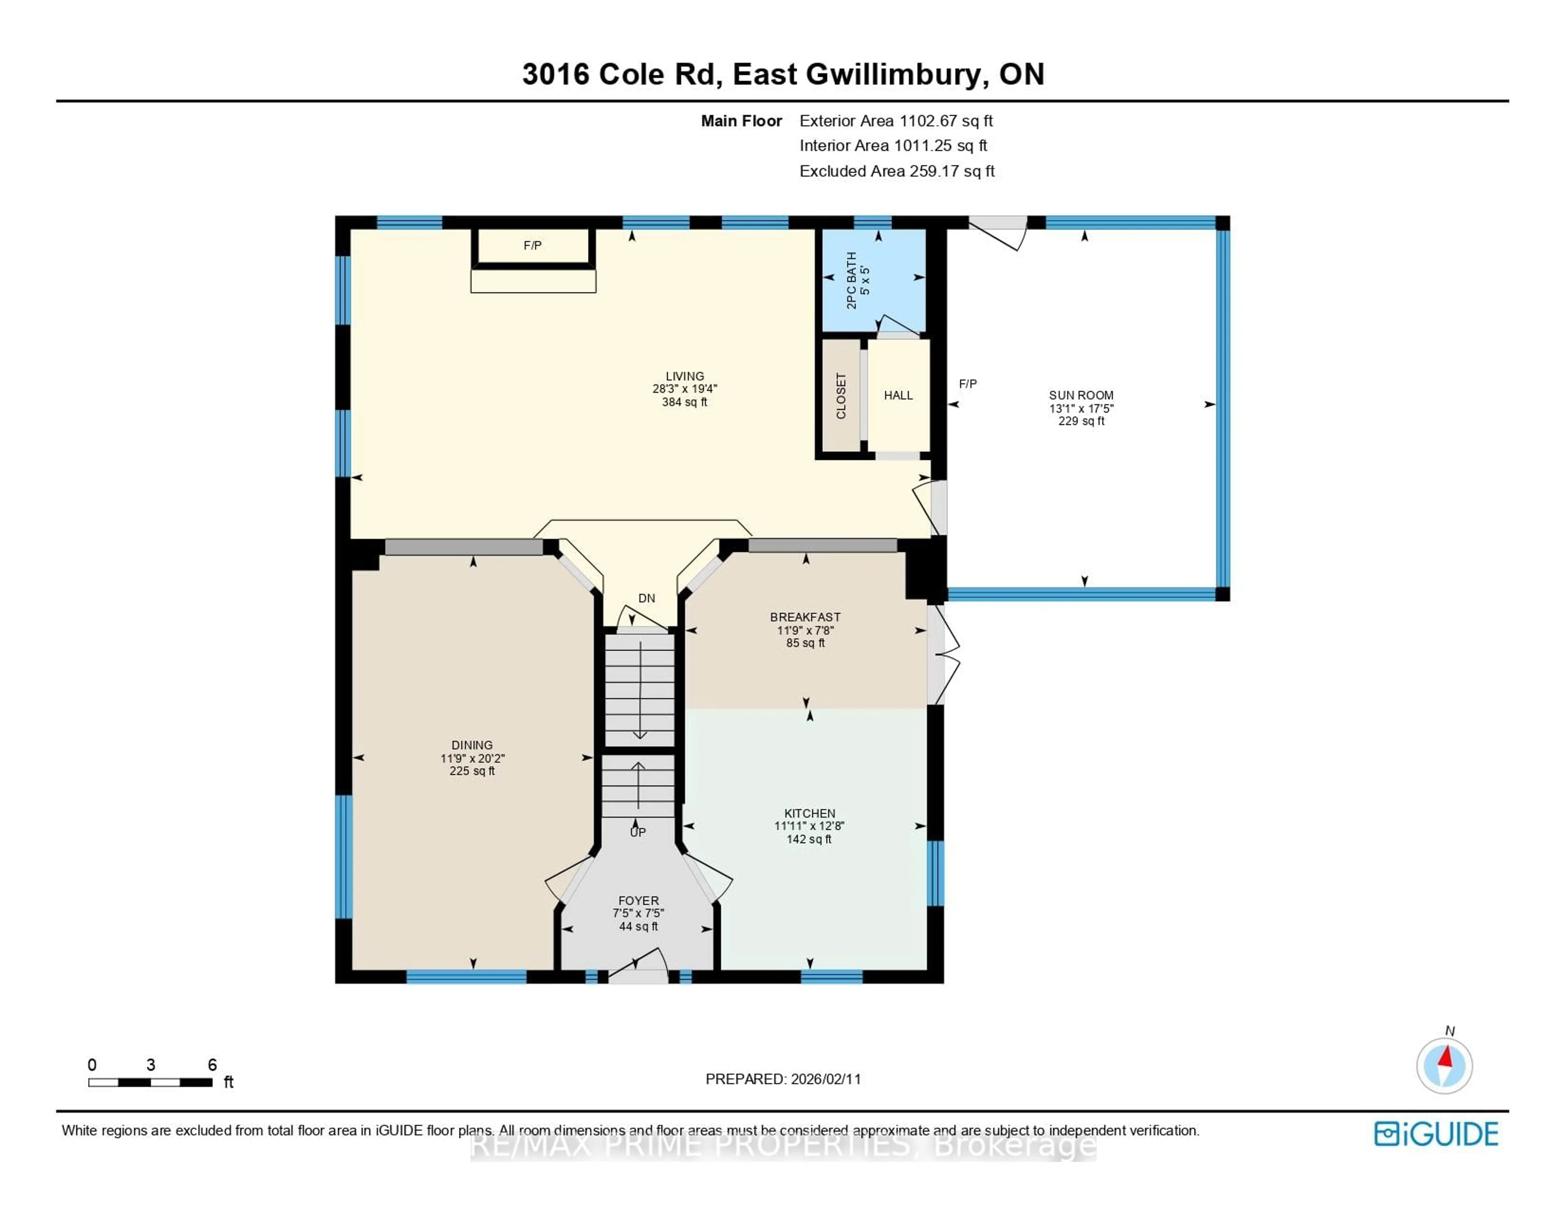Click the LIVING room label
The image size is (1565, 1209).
[x=684, y=376]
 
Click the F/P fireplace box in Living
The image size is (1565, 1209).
[x=532, y=246]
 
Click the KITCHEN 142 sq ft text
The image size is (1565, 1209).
[x=809, y=839]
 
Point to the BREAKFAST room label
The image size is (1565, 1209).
[x=805, y=617]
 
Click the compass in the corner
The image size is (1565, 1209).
[x=1444, y=1066]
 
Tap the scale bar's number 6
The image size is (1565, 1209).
[x=212, y=1065]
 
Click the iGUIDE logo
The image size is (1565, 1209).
[x=1436, y=1134]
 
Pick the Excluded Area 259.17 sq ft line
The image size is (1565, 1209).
[x=897, y=171]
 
